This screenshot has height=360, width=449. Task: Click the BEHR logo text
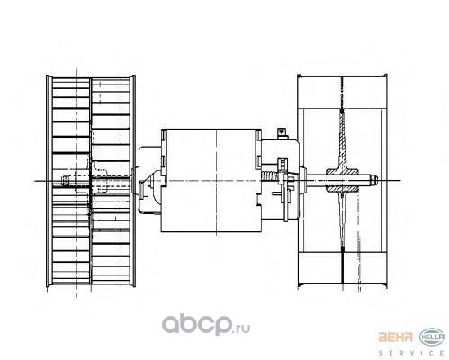(395, 337)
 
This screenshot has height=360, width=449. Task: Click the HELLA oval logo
(432, 337)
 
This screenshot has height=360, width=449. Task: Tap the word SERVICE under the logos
(411, 353)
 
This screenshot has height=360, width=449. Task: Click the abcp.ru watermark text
(206, 324)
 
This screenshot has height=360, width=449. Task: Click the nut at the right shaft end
(373, 181)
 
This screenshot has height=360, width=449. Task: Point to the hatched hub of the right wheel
(342, 180)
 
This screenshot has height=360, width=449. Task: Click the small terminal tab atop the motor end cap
(282, 133)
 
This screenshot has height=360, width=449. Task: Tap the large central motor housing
(211, 181)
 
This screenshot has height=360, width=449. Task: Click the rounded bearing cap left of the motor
(150, 180)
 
